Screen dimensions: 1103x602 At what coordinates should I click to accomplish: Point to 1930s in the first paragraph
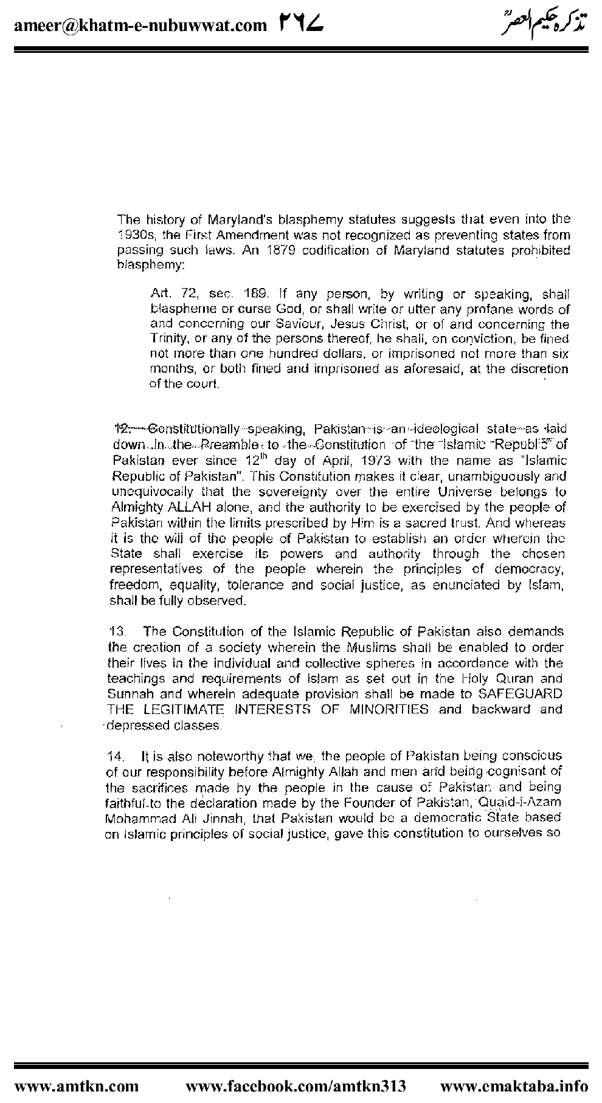pos(135,235)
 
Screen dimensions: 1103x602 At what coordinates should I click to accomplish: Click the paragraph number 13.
pos(115,631)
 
